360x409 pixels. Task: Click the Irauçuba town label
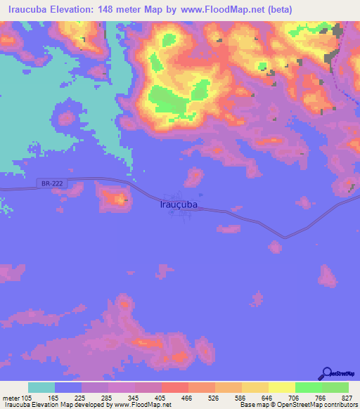[x=175, y=204]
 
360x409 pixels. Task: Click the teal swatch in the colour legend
[x=41, y=388]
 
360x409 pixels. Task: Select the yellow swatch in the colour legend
[x=281, y=388]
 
